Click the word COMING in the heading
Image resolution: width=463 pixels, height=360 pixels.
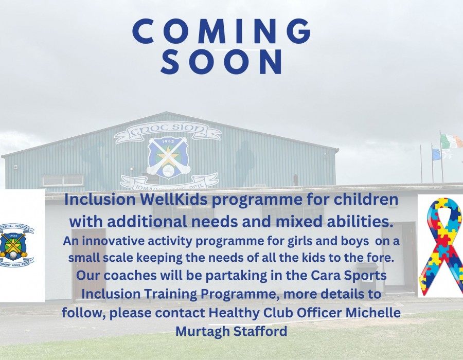pos(221,31)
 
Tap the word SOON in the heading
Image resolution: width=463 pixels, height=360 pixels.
pos(221,62)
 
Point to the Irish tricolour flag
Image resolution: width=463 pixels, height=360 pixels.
pos(451,141)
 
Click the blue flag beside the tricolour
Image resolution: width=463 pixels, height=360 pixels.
pos(436,154)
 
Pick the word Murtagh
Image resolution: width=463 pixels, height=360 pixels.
pos(203,332)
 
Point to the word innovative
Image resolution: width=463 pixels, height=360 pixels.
pos(113,241)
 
